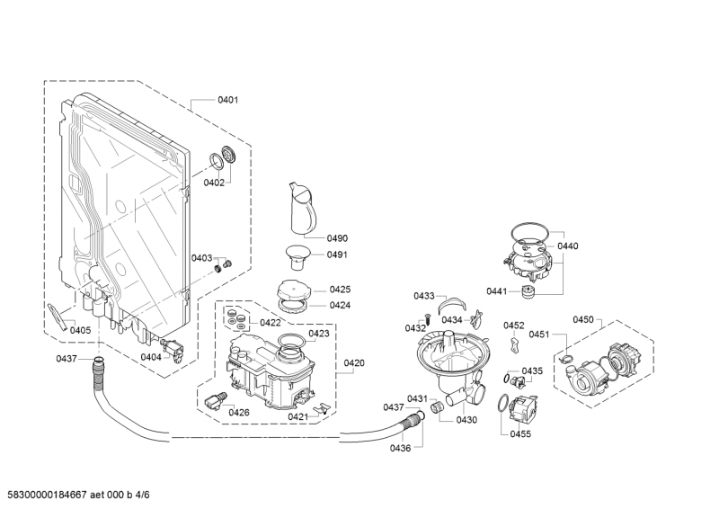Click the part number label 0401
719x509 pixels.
coord(227,100)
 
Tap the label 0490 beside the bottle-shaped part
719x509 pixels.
coord(337,238)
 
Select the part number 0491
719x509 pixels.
coord(337,254)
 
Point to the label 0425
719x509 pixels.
coord(340,290)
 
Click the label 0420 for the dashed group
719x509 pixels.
coord(353,363)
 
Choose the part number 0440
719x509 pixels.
coord(568,246)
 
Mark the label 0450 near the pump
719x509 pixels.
coord(583,320)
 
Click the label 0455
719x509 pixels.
coord(520,434)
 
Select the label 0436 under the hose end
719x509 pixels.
coord(401,449)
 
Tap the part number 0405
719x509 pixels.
coord(81,330)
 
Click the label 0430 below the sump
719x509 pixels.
coord(466,420)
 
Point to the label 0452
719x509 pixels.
coord(514,326)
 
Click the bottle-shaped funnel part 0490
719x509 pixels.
coord(298,208)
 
